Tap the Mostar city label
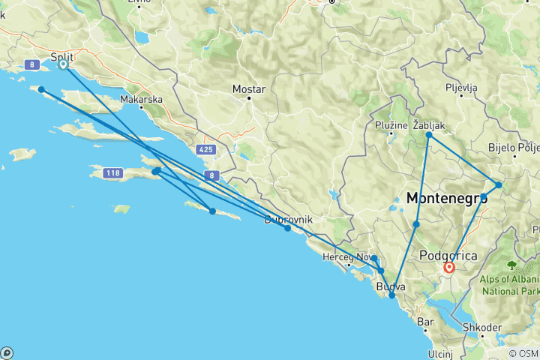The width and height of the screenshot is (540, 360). point(249,88)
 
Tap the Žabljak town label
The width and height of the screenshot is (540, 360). point(430,124)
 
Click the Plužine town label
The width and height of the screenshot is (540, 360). point(393,124)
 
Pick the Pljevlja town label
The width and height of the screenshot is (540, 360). point(460,88)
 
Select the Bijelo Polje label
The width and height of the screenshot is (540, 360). point(514,147)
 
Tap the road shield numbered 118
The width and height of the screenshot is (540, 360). point(112,174)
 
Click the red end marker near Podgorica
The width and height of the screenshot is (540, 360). point(449,267)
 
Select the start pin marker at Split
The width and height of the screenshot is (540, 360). point(63,64)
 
